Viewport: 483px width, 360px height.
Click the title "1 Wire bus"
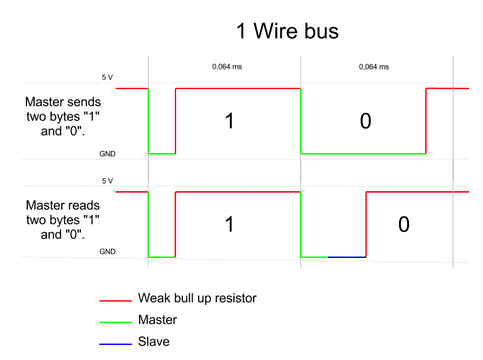(286, 31)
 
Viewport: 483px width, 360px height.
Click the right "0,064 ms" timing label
(373, 67)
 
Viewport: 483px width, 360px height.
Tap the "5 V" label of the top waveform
(107, 78)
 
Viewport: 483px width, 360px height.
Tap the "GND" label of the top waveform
(107, 154)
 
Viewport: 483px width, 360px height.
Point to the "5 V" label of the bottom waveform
(107, 181)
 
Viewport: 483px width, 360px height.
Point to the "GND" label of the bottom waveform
(107, 252)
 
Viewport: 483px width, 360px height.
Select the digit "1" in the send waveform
(229, 121)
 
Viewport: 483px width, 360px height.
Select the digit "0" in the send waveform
(365, 121)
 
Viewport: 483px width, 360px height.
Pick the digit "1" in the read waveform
(229, 225)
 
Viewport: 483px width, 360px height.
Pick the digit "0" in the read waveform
(403, 225)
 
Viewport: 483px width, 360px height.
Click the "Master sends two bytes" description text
(63, 116)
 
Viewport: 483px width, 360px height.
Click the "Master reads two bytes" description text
(63, 220)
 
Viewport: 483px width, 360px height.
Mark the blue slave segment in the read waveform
(347, 257)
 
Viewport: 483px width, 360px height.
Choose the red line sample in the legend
(115, 299)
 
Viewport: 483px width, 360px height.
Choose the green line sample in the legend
(115, 321)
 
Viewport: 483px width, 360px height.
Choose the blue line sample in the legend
(115, 343)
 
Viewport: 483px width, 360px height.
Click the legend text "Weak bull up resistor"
(197, 298)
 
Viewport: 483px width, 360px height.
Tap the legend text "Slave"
(154, 342)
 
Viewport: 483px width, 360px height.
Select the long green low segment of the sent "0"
(363, 154)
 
